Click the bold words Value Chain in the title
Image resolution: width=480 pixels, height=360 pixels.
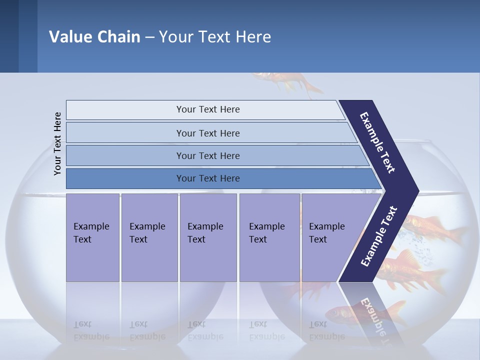[x=94, y=37]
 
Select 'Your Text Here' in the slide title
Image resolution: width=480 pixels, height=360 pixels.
[x=215, y=37]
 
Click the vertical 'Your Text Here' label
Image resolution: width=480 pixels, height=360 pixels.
[x=57, y=143]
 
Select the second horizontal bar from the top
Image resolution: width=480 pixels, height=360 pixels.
[x=207, y=133]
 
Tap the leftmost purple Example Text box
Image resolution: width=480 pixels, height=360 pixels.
[x=92, y=237]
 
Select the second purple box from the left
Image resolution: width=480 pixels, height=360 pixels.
[x=149, y=237]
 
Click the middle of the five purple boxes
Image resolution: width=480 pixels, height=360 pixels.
[x=208, y=237]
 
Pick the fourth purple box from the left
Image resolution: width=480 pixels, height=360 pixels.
[x=269, y=237]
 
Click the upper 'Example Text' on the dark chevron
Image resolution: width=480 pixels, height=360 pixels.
[x=377, y=142]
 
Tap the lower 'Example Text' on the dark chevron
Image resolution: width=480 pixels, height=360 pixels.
[x=378, y=236]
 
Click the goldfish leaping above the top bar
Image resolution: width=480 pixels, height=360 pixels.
[x=287, y=83]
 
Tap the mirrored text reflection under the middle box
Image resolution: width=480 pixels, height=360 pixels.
[x=205, y=330]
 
